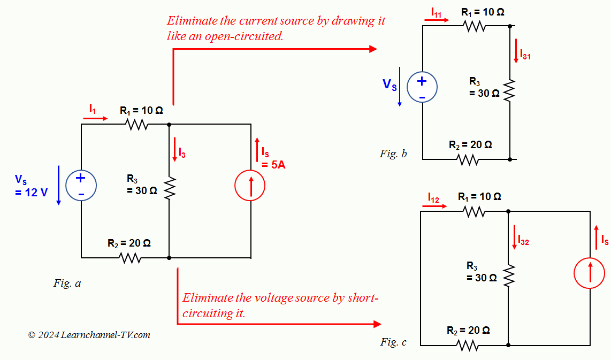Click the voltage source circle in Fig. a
pyautogui.click(x=81, y=185)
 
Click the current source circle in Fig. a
pyautogui.click(x=250, y=186)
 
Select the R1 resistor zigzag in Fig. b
pyautogui.click(x=475, y=25)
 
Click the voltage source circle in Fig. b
pyautogui.click(x=422, y=87)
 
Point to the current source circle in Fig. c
pyautogui.click(x=590, y=273)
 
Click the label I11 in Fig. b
pyautogui.click(x=437, y=12)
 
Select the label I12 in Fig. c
pyautogui.click(x=433, y=198)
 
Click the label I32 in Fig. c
pyautogui.click(x=523, y=241)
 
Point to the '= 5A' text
pyautogui.click(x=273, y=165)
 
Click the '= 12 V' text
pyautogui.click(x=31, y=193)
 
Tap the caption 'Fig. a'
pyautogui.click(x=67, y=284)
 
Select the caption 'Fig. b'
pyautogui.click(x=393, y=154)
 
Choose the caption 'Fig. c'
pyautogui.click(x=393, y=342)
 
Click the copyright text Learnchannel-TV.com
pyautogui.click(x=105, y=335)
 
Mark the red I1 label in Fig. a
pyautogui.click(x=93, y=109)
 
